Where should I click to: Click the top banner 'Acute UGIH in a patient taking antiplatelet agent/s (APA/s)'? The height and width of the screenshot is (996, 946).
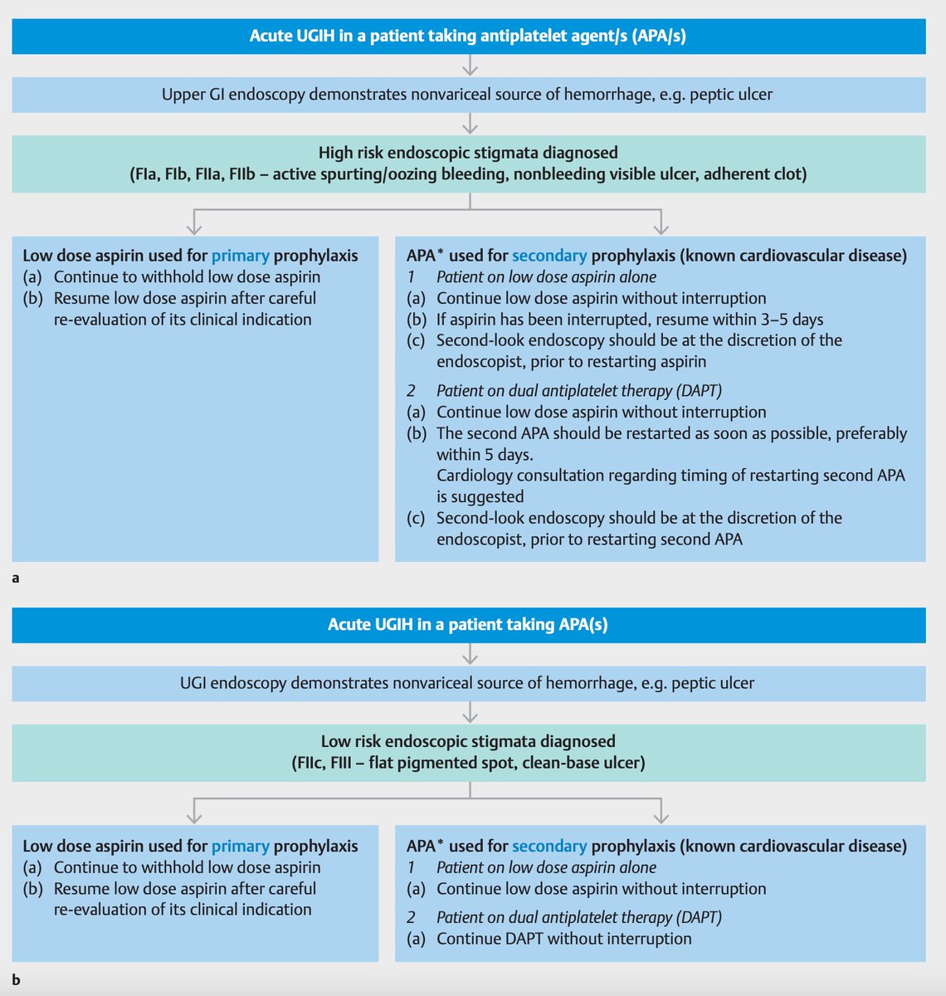[468, 37]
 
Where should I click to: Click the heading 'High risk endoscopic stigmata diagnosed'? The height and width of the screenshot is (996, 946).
[468, 153]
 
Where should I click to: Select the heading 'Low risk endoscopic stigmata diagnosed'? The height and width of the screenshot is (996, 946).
[468, 741]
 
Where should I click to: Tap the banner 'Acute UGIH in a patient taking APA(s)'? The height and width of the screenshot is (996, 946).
[468, 624]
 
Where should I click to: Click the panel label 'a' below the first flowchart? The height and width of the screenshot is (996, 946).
[16, 579]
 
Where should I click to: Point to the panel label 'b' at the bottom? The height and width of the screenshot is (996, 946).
[16, 980]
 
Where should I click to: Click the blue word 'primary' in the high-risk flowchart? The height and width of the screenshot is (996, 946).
[240, 256]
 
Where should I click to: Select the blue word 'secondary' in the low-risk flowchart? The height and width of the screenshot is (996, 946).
[549, 846]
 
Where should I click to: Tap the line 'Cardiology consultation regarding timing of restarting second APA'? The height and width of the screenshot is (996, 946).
[670, 476]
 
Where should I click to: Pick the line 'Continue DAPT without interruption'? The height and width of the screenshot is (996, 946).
[563, 939]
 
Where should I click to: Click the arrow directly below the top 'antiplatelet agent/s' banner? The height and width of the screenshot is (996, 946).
[471, 66]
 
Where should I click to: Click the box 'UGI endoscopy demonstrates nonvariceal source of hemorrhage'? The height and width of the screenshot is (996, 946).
[468, 684]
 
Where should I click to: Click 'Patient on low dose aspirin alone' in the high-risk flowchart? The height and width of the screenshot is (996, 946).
[546, 277]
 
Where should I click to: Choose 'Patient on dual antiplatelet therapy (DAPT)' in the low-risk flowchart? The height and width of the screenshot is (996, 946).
[578, 917]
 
